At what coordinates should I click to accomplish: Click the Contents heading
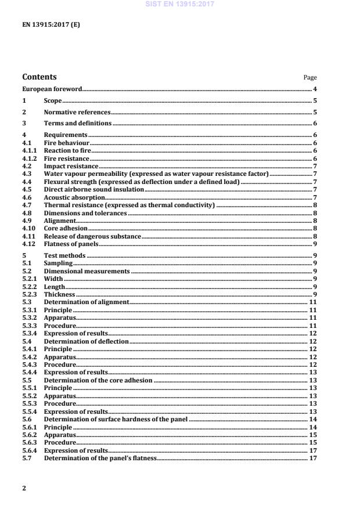coord(39,77)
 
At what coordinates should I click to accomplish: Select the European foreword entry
coord(52,89)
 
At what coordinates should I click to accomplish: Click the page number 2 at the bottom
coord(24,488)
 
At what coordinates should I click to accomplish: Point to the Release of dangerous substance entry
coord(92,237)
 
